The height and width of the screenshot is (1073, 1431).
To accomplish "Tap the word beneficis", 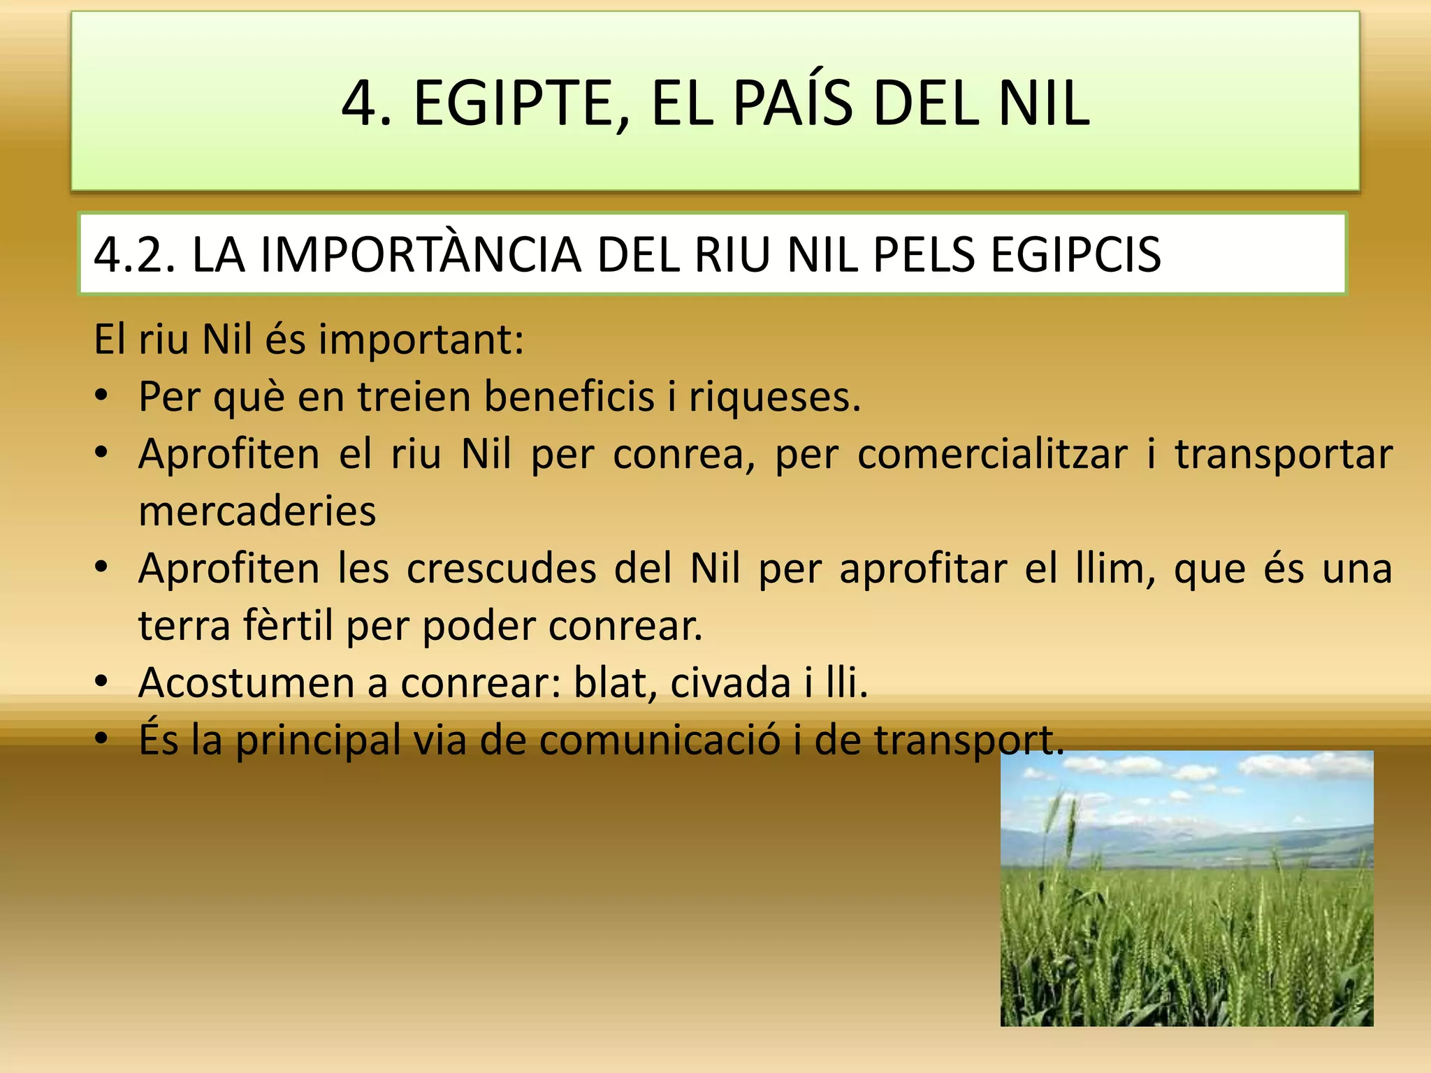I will (569, 397).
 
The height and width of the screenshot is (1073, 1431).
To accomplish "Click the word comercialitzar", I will (992, 454).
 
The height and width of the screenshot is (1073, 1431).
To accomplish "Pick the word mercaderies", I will (257, 511).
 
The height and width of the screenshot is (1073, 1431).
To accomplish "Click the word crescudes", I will (501, 569).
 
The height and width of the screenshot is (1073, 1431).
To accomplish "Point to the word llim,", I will (1115, 569).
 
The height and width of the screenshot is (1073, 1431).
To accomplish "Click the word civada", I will (730, 683).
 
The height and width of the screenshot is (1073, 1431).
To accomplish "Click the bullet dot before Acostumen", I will (102, 681).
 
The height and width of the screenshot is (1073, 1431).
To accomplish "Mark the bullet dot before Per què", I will (102, 395).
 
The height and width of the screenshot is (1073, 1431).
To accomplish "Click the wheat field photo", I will (1186, 889).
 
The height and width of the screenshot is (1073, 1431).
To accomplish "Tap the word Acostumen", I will (247, 683).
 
